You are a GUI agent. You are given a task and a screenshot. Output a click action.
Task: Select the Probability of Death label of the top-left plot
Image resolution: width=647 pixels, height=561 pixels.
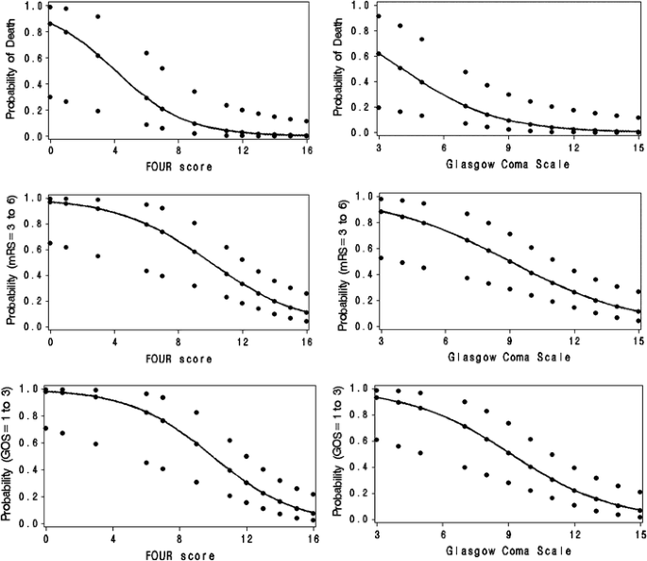[10, 71]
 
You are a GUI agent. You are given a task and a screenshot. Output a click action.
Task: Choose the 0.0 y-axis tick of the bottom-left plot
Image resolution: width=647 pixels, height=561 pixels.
[30, 522]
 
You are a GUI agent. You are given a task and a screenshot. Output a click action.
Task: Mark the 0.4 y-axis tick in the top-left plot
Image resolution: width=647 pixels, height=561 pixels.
[30, 84]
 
